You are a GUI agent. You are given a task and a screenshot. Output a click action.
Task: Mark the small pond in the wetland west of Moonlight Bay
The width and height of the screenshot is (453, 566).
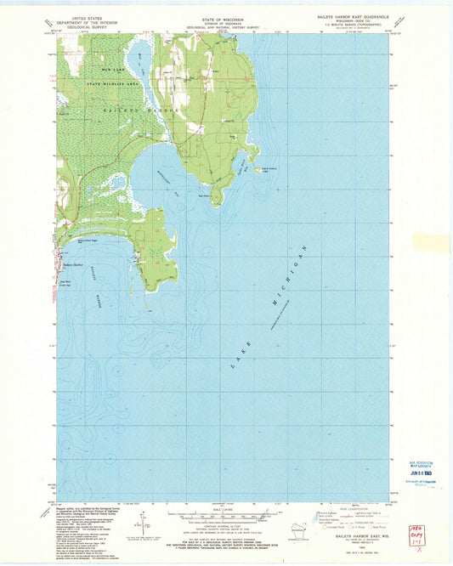point(118,181)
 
